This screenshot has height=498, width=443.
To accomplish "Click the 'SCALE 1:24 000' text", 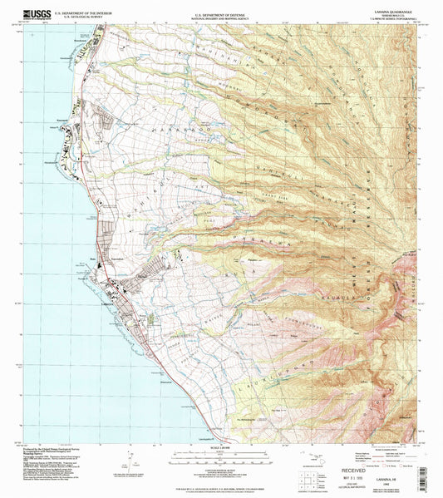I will (x=221, y=449).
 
